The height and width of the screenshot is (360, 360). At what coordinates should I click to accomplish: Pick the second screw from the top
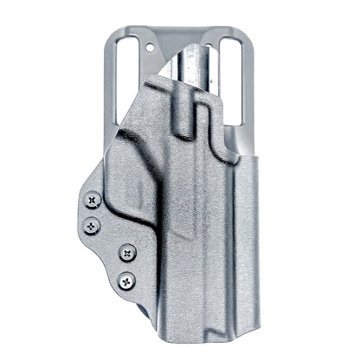pos(88,229)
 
